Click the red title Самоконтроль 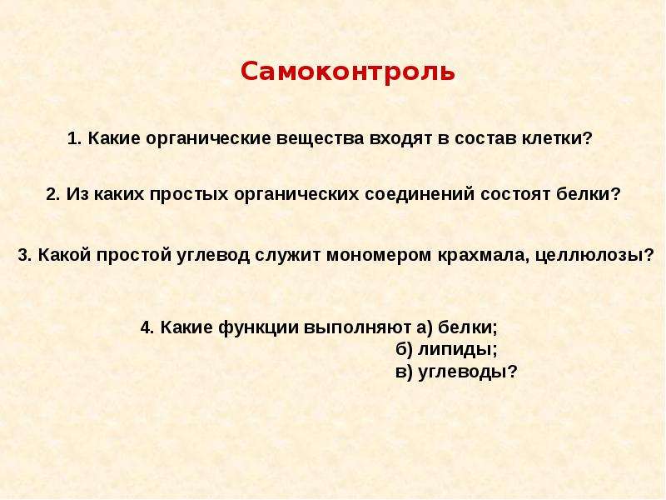tap(347, 72)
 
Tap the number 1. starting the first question tap(75, 138)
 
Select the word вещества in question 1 tap(321, 139)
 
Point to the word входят tap(400, 139)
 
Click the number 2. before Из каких tap(53, 195)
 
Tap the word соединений tap(420, 194)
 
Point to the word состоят tap(515, 195)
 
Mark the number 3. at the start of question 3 tap(25, 255)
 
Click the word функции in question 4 tap(259, 327)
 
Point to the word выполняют tap(358, 327)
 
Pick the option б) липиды tap(446, 349)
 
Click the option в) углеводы tap(456, 372)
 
